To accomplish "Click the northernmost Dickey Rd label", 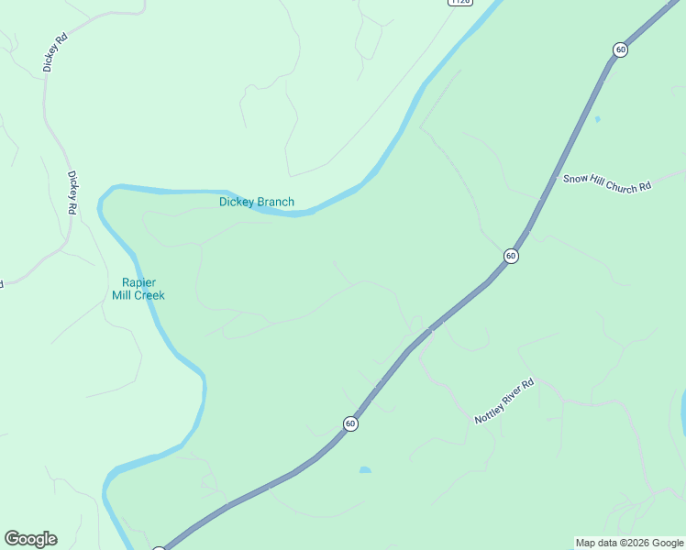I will (x=55, y=53).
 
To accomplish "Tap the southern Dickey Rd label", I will (x=72, y=192).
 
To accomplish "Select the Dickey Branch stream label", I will (x=257, y=202).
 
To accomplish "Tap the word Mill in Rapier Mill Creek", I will (x=122, y=295).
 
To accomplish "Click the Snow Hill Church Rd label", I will (x=606, y=181).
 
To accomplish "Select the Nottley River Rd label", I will (x=503, y=401).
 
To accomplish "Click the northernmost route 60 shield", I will (x=621, y=49).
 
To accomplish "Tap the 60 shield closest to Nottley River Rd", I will (x=350, y=423).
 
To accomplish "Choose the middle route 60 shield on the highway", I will (x=511, y=256).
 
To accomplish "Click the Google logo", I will (x=30, y=539).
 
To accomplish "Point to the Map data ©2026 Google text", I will (x=629, y=543).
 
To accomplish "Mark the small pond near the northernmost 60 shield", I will (x=597, y=119).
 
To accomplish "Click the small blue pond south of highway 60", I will (x=365, y=470).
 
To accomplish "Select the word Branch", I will (x=275, y=202).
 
